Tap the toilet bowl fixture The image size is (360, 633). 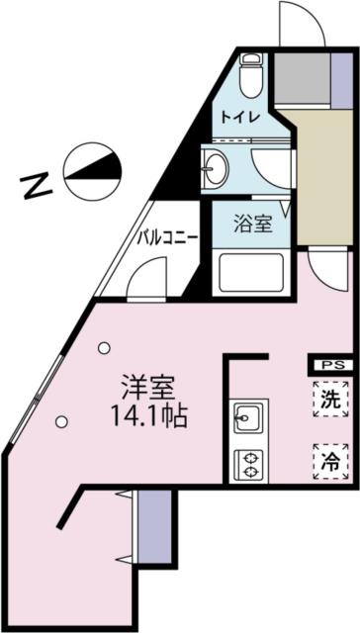coord(251,75)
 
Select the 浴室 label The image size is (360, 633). coord(252,225)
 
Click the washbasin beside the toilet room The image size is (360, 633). coord(216,168)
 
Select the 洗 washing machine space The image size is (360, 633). coord(330,400)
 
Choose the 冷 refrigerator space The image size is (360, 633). coord(330,462)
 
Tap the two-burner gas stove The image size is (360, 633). coord(248,465)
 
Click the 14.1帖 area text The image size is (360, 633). coord(149,417)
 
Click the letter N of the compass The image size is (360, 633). coord(38,186)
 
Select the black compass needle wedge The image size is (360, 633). coord(96,165)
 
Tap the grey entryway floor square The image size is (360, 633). coord(303,78)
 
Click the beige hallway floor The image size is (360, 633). coord(322,176)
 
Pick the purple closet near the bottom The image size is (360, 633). coord(154,526)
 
